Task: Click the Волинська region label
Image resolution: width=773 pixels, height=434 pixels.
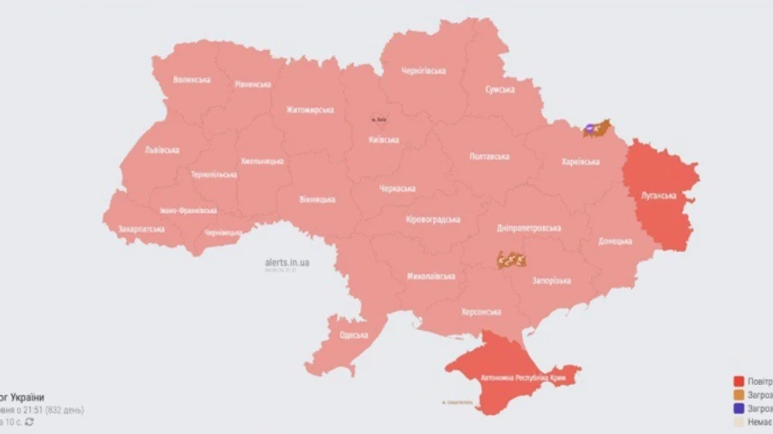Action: [x=192, y=80]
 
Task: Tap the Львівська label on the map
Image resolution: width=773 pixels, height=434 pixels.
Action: [x=161, y=150]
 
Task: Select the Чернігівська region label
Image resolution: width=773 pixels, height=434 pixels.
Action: [x=423, y=71]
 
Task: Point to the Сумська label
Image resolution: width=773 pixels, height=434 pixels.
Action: [x=499, y=89]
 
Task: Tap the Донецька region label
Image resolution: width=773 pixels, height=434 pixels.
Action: [x=615, y=241]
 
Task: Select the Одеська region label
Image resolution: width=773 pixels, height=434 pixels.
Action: [x=353, y=335]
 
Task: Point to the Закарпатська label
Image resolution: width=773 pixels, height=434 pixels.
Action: [x=143, y=229]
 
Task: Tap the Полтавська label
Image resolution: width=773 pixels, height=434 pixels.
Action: [x=490, y=156]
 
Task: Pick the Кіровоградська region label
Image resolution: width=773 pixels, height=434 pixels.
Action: [x=433, y=219]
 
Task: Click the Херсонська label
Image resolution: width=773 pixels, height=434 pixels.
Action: [x=481, y=312]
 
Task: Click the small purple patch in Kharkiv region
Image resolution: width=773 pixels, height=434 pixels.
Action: [x=589, y=129]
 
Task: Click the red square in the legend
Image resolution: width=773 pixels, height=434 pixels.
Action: [x=738, y=381]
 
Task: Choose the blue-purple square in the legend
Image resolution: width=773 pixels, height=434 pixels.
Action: [x=738, y=410]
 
